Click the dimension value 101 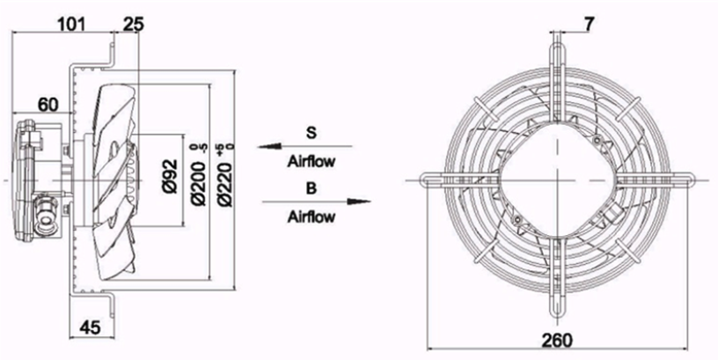(71, 24)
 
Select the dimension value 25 (134, 24)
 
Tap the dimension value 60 (48, 105)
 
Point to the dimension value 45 (91, 327)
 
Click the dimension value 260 (557, 341)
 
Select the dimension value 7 (589, 25)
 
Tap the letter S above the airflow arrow (311, 133)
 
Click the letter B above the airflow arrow (311, 188)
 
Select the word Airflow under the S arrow (311, 161)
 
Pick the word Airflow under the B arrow (311, 217)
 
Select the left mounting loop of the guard (443, 180)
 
